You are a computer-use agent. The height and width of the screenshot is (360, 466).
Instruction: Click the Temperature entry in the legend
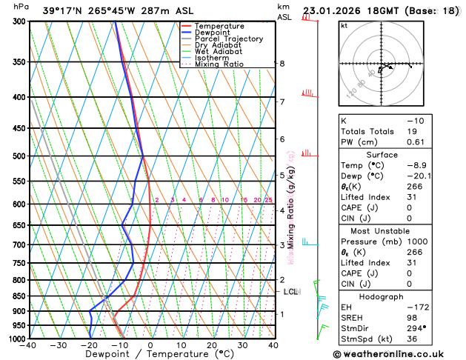(x=220, y=26)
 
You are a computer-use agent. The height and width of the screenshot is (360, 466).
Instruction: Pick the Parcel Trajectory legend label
(x=228, y=39)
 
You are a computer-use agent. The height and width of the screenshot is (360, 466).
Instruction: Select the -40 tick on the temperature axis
(x=30, y=345)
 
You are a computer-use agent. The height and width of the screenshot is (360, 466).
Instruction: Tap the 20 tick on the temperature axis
(x=211, y=345)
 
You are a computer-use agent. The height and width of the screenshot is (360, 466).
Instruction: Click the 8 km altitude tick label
(x=282, y=64)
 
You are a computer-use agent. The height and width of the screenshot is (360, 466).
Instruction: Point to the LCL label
(x=290, y=292)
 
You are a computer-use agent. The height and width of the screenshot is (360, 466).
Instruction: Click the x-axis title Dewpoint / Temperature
(x=150, y=354)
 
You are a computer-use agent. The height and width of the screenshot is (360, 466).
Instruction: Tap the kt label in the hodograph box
(x=344, y=25)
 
